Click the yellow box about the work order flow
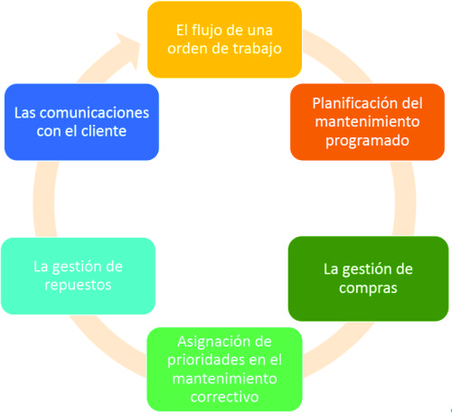tap(224, 40)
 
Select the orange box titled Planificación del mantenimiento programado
tap(367, 122)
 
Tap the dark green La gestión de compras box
tap(368, 278)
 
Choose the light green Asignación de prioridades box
tap(224, 370)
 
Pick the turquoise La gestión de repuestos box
tap(79, 276)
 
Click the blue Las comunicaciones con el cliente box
tap(81, 122)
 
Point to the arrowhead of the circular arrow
tap(129, 48)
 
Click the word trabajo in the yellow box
tap(255, 49)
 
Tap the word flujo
tap(208, 31)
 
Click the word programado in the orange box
tap(367, 141)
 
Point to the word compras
tap(368, 288)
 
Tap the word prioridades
tap(203, 360)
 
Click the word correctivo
tap(224, 397)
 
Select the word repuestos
tap(78, 286)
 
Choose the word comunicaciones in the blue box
tap(94, 113)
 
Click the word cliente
tap(104, 131)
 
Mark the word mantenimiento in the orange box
tap(367, 122)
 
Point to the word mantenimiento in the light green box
tap(224, 379)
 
